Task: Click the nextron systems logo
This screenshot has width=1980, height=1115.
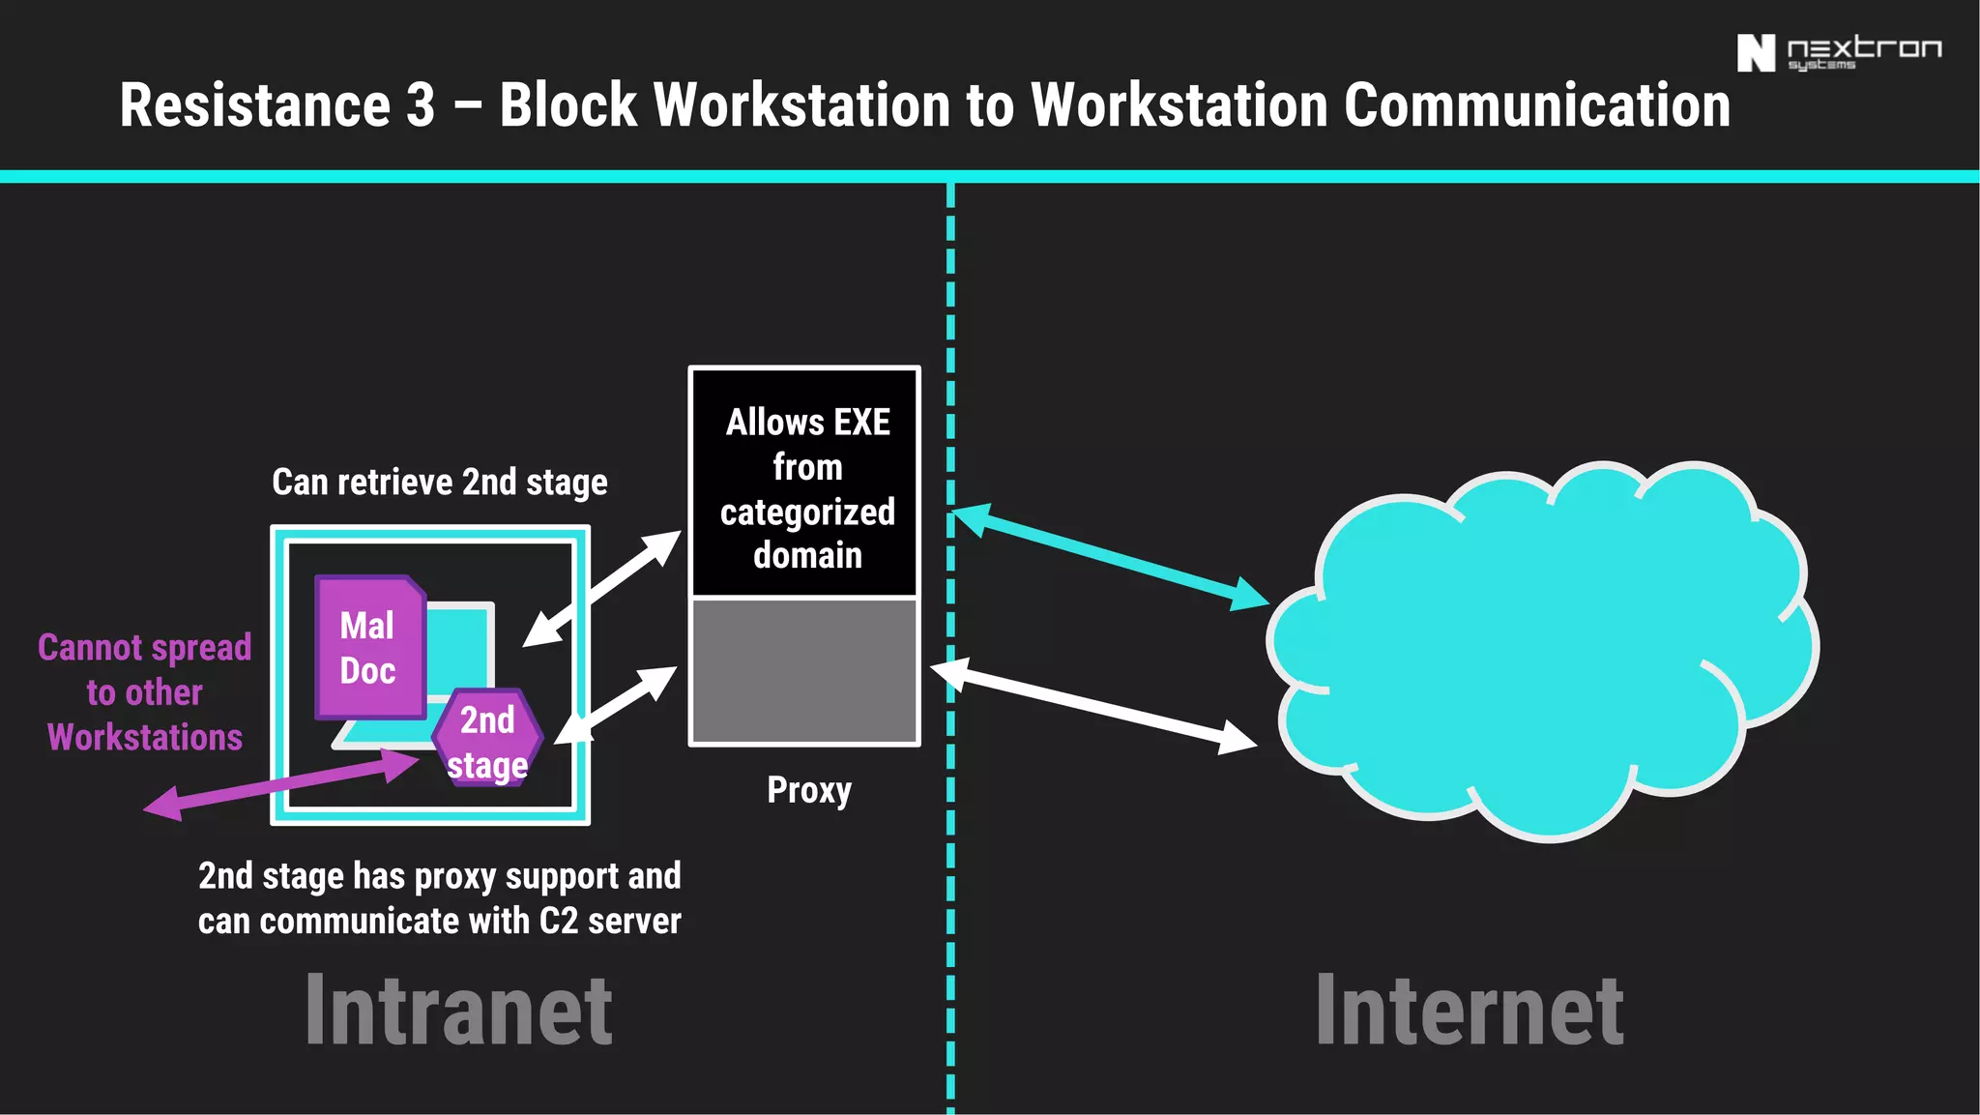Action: (1838, 52)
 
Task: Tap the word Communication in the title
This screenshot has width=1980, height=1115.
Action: (1536, 105)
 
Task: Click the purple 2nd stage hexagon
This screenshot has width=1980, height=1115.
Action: (487, 740)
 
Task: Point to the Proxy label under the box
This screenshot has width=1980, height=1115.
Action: (809, 790)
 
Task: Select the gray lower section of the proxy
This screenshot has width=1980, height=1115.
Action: (804, 671)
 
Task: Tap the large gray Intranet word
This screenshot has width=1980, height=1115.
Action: (458, 1011)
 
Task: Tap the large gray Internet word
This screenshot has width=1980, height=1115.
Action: (1469, 1011)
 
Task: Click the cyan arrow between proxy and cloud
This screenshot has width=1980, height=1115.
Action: (1111, 557)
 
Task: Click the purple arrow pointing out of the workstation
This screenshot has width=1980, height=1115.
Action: (280, 784)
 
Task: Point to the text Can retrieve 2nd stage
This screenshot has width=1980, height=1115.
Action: (439, 482)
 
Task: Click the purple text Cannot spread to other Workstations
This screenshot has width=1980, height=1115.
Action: (145, 692)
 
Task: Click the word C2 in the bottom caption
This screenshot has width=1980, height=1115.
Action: (558, 921)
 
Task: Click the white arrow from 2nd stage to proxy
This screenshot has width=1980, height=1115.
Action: (616, 705)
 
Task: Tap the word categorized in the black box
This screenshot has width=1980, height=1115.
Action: (807, 512)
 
